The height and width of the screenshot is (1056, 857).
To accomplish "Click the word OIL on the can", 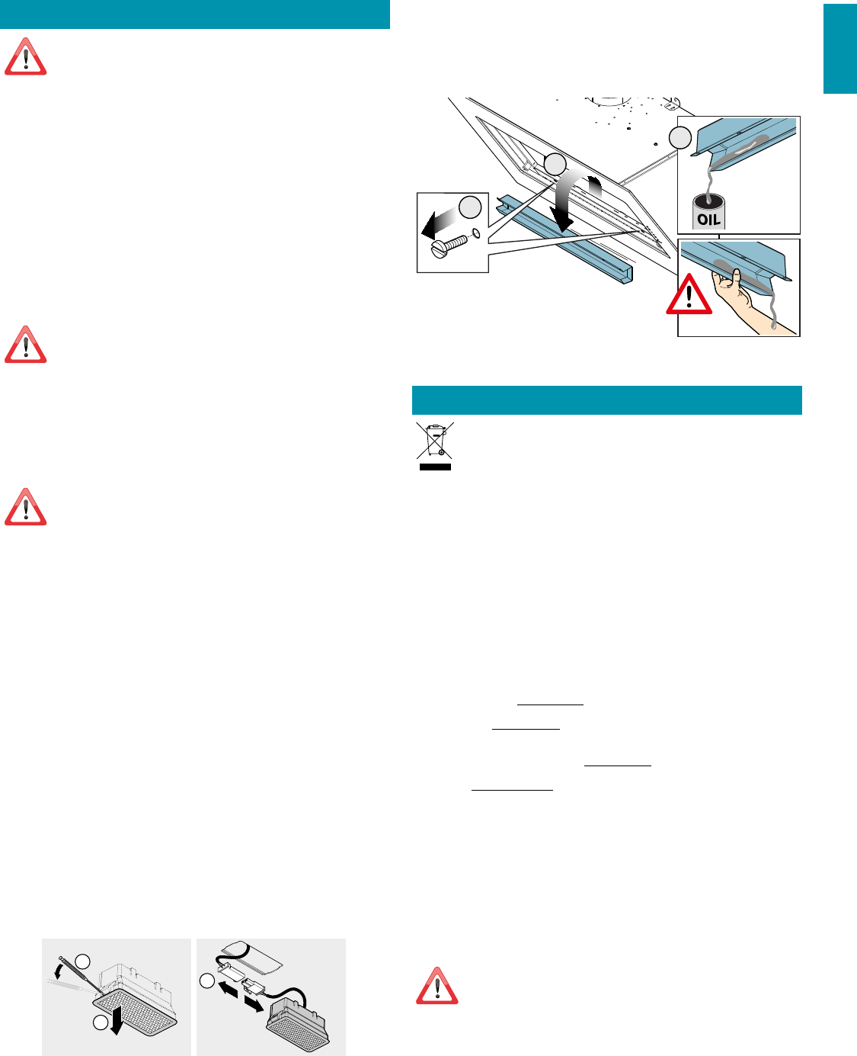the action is point(708,219).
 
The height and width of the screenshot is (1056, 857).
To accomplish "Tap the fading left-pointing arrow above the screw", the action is point(439,223).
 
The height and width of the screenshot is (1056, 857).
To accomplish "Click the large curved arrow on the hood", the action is point(570,199).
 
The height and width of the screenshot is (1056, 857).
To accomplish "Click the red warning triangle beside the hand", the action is point(689,294).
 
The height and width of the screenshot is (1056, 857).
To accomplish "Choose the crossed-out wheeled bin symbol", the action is point(435,440).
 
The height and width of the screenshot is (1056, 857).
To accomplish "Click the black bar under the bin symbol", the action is point(435,467).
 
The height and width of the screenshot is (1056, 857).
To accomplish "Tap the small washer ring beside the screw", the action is point(475,233).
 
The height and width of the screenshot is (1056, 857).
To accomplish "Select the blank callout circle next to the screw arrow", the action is point(469,207).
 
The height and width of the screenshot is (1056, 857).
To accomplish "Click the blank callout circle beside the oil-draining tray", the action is point(680,137).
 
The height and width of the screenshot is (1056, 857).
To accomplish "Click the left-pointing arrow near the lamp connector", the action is point(229,989).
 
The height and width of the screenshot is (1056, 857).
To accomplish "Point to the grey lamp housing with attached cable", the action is point(298,1023).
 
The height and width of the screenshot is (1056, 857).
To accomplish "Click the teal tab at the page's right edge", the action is point(840,49).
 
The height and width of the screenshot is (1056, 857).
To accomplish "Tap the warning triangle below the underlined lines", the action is point(437,986).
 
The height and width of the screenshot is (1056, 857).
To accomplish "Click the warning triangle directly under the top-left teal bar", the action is point(26,56).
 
